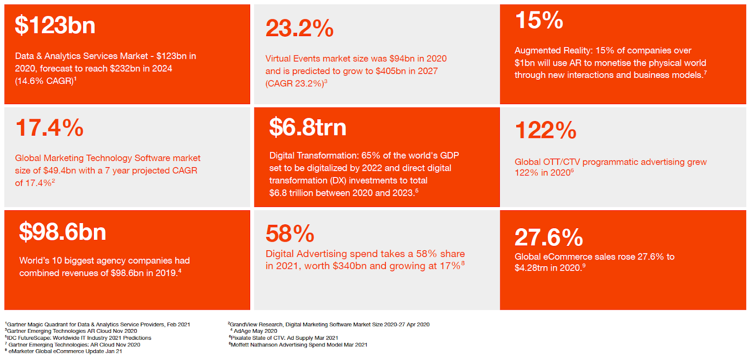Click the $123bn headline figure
(55, 25)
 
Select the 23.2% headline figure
(299, 28)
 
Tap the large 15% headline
(539, 20)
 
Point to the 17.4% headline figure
(49, 127)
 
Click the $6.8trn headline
(308, 127)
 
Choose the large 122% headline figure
(545, 130)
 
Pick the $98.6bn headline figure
(63, 232)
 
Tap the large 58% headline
(290, 233)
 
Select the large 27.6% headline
(549, 237)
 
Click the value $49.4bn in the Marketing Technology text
(60, 171)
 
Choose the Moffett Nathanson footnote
(298, 345)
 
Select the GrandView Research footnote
(329, 324)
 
